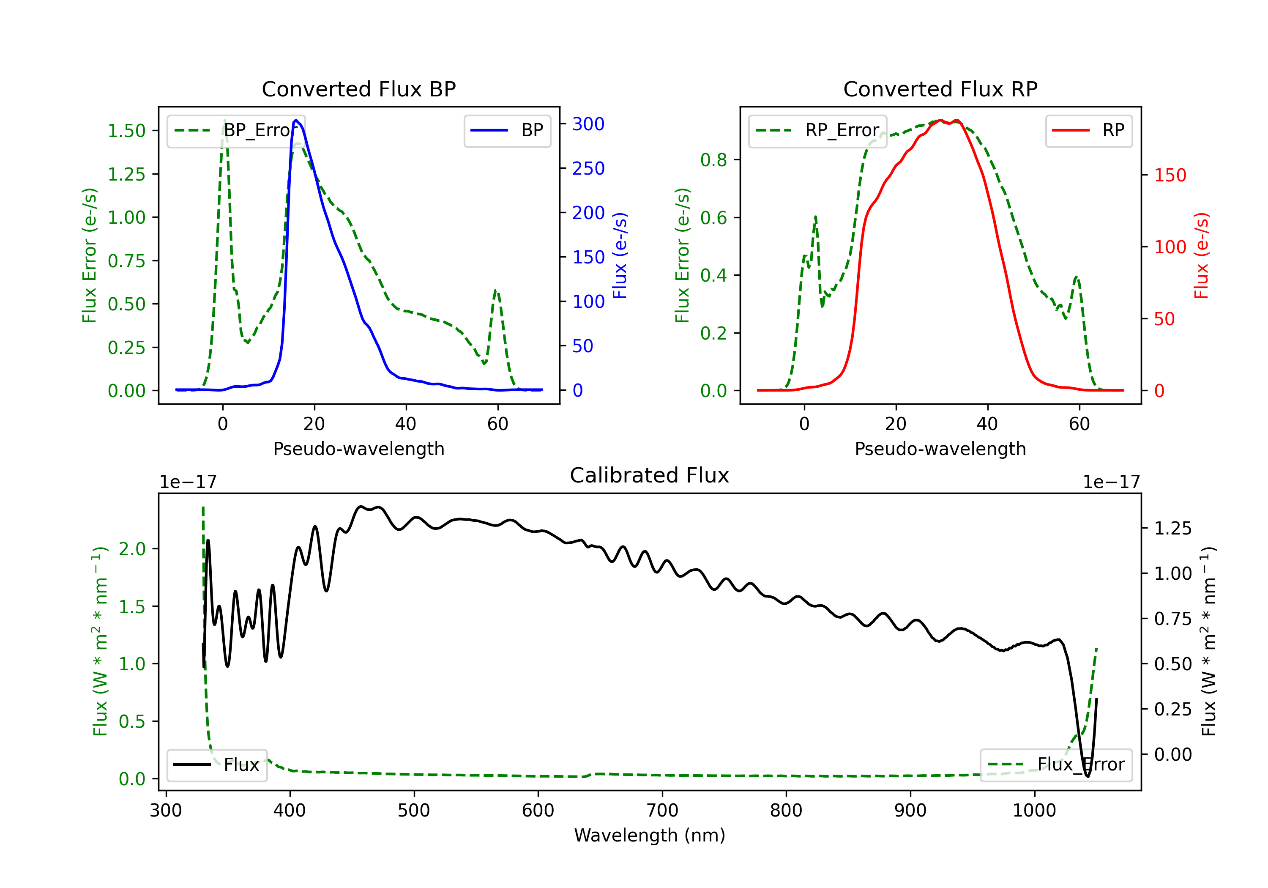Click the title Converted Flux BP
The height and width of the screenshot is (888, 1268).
pos(358,89)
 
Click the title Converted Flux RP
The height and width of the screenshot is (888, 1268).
pos(940,89)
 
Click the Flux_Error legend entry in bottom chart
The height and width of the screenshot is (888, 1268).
pos(1056,765)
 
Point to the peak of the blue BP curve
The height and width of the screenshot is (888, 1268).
pos(296,120)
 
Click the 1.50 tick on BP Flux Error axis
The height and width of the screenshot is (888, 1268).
pos(126,131)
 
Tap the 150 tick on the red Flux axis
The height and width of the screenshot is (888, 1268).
pos(1170,175)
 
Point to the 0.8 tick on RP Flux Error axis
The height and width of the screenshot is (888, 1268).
pos(713,160)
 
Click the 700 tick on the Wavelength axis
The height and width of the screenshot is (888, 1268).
pos(662,811)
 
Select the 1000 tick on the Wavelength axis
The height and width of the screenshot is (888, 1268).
pos(1034,811)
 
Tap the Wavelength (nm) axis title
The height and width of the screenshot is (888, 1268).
pos(650,836)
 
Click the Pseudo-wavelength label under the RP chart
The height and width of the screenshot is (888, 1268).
pos(940,449)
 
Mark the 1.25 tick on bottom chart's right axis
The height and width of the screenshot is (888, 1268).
pos(1173,528)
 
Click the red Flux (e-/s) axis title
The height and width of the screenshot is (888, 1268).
pos(1201,255)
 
